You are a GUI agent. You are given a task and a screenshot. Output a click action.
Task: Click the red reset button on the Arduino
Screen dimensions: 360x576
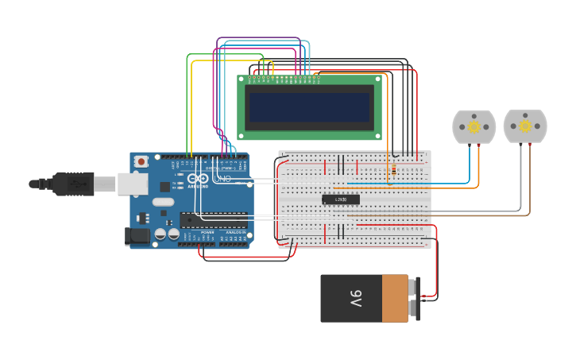coord(141,161)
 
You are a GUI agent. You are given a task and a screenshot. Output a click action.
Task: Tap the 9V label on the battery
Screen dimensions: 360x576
coord(355,299)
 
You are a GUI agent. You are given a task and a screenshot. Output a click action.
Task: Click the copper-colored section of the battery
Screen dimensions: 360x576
coord(395,299)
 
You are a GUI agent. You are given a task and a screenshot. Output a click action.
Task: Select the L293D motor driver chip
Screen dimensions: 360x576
coord(341,199)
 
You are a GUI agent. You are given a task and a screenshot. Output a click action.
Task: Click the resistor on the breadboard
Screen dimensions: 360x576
coord(392,168)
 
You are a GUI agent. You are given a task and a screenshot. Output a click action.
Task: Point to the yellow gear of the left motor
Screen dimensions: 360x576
coord(474,127)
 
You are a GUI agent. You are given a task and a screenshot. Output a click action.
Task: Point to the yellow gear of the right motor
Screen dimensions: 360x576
coord(525,126)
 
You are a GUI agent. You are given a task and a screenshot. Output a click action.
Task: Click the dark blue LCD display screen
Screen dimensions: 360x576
coord(309,107)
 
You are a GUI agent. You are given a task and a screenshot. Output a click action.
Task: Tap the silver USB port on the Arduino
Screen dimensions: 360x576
coord(133,184)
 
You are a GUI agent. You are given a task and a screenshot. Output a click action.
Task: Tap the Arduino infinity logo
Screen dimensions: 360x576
coord(198,179)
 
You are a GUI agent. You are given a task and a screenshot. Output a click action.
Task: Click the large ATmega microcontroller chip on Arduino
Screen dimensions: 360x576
coord(213,220)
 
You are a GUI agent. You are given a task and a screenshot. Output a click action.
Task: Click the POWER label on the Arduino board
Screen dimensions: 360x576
coord(207,232)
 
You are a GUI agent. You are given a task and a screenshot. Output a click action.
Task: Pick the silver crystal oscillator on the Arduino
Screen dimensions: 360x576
coord(163,202)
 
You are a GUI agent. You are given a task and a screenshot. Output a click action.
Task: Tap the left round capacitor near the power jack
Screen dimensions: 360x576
coord(160,234)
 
